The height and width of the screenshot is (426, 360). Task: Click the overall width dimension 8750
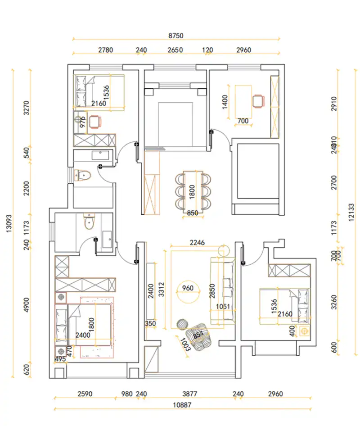pyautogui.click(x=176, y=35)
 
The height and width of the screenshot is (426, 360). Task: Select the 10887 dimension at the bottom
pyautogui.click(x=182, y=405)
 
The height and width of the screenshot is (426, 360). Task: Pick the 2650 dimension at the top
pyautogui.click(x=175, y=50)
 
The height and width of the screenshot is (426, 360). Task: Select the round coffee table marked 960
pyautogui.click(x=188, y=288)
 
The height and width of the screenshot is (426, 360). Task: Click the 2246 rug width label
pyautogui.click(x=197, y=242)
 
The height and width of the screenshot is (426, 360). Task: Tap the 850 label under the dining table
pyautogui.click(x=192, y=213)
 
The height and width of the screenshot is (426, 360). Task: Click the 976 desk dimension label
pyautogui.click(x=82, y=122)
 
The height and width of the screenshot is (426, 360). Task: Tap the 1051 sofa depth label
pyautogui.click(x=222, y=307)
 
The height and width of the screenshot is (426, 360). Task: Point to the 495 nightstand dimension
pyautogui.click(x=60, y=359)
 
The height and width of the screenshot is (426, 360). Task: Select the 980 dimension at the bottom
pyautogui.click(x=127, y=394)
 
